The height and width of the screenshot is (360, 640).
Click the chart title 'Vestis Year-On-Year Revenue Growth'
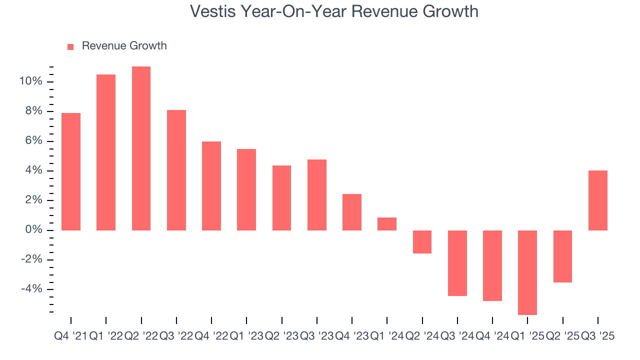coord(334,11)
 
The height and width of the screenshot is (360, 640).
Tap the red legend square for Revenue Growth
coord(70,46)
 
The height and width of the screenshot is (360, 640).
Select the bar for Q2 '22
coord(141,148)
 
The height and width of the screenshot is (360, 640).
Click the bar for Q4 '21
coord(71,171)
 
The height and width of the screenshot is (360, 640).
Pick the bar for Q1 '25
coord(527,272)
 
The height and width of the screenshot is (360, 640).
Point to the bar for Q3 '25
coord(597,200)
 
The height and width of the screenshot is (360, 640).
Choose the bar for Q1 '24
coord(387,224)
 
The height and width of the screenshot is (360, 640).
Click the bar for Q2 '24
coord(422,242)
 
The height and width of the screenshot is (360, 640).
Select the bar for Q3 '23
coord(316,195)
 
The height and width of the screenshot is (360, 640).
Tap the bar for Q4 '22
coord(211,186)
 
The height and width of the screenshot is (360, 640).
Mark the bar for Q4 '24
coord(492,265)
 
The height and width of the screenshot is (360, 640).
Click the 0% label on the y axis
coord(33,230)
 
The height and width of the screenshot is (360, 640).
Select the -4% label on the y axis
coord(31,289)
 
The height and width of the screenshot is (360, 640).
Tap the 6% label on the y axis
coord(33,141)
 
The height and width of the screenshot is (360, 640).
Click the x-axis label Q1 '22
coord(106,336)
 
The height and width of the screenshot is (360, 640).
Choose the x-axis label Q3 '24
coord(457,336)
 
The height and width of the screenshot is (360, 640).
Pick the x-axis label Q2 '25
coord(562,336)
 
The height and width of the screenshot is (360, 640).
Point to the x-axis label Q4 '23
coord(351,336)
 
